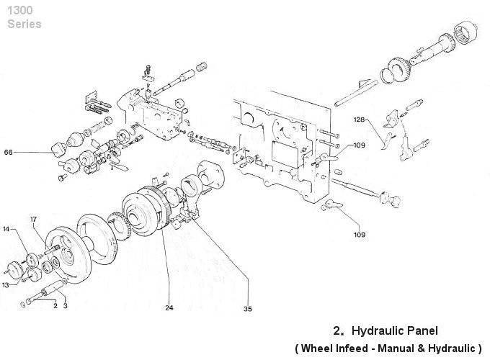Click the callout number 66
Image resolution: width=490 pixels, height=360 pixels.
click(8, 152)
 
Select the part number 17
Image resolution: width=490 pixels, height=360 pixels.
click(33, 218)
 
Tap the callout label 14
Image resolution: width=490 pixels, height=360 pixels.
click(6, 229)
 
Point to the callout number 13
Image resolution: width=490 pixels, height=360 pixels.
click(6, 285)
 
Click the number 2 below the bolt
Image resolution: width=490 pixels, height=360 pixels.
click(55, 305)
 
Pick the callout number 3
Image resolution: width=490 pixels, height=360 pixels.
click(65, 305)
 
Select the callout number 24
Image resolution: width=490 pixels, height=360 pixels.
click(169, 307)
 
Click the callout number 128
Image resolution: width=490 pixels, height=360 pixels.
click(360, 119)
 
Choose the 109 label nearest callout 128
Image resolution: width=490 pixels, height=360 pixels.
click(360, 145)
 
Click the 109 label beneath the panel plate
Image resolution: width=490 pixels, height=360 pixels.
click(359, 234)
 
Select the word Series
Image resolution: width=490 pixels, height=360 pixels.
click(24, 24)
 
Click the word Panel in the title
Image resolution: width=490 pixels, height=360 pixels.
click(421, 331)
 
